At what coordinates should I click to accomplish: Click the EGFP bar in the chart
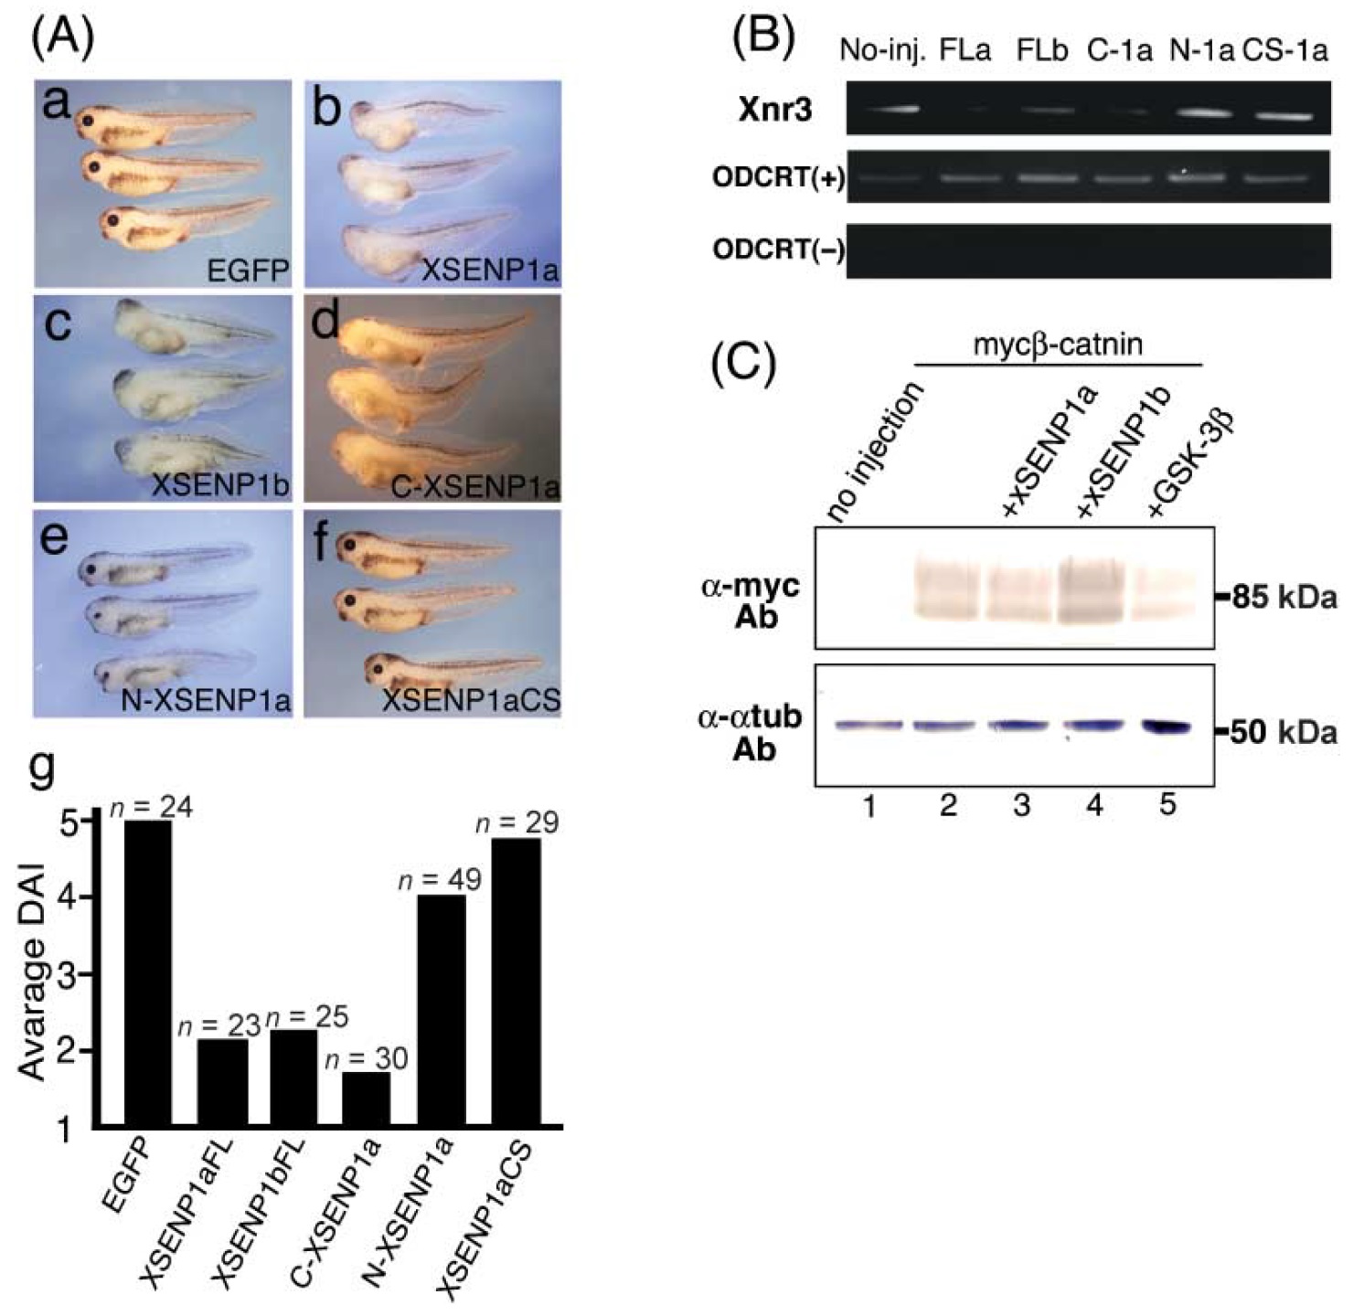coord(147,972)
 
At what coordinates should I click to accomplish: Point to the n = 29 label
coord(517,822)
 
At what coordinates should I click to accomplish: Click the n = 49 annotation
coord(440,880)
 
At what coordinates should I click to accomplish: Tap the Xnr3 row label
coord(775,111)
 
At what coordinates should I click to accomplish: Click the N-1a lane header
coord(1201,51)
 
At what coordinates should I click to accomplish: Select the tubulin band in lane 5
coord(1167,727)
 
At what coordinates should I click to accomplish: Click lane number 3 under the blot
coord(1021,805)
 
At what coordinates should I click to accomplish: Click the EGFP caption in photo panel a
coord(248,271)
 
